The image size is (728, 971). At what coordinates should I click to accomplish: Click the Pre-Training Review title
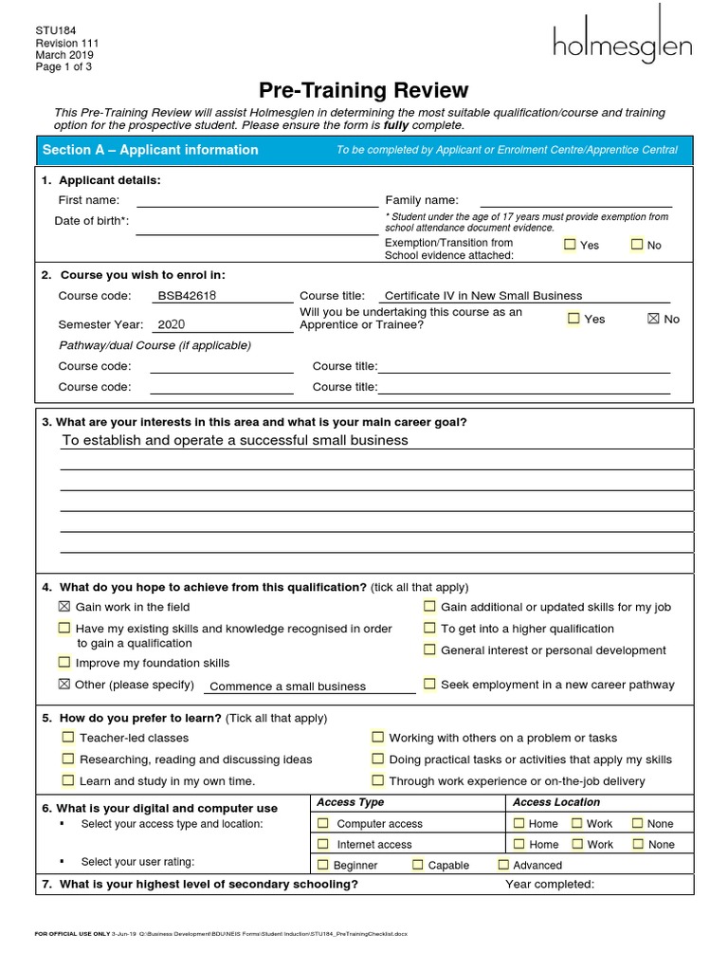(364, 90)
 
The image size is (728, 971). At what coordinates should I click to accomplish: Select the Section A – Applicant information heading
(150, 150)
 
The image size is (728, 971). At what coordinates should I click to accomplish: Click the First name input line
(257, 200)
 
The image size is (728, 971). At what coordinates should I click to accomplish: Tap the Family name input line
(576, 200)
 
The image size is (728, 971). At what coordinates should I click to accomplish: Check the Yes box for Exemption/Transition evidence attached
(570, 245)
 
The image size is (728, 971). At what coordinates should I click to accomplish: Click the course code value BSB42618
(188, 296)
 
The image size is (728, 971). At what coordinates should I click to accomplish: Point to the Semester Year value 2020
(172, 323)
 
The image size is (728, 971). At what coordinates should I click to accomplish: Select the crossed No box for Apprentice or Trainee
(652, 319)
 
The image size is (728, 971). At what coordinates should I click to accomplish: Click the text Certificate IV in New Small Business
(483, 296)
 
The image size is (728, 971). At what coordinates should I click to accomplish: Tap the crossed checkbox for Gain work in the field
(64, 607)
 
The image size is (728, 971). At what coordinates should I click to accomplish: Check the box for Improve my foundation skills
(64, 663)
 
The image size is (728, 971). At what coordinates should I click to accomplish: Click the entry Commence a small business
(288, 687)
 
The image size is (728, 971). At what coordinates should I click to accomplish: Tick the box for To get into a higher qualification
(430, 628)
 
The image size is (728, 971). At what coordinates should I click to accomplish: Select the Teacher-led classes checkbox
(68, 737)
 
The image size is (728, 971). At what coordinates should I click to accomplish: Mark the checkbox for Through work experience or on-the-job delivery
(378, 780)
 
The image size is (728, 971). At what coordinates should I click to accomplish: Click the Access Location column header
(556, 802)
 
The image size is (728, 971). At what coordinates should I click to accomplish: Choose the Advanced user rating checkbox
(503, 865)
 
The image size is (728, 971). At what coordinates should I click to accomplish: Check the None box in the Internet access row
(638, 844)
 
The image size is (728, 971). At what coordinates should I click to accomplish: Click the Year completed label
(550, 885)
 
